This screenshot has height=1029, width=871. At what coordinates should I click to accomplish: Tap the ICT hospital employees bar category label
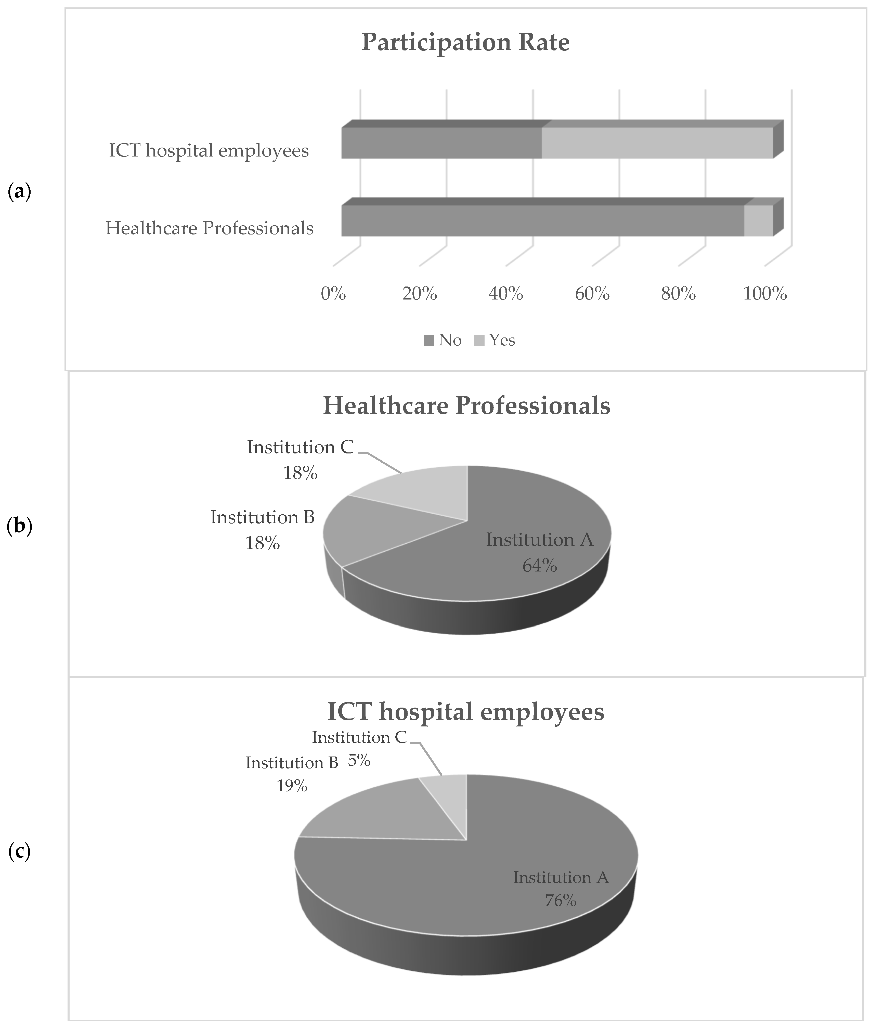209,151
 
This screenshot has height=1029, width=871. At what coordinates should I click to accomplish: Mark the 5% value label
359,761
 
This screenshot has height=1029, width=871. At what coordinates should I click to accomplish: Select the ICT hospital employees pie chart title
466,712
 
